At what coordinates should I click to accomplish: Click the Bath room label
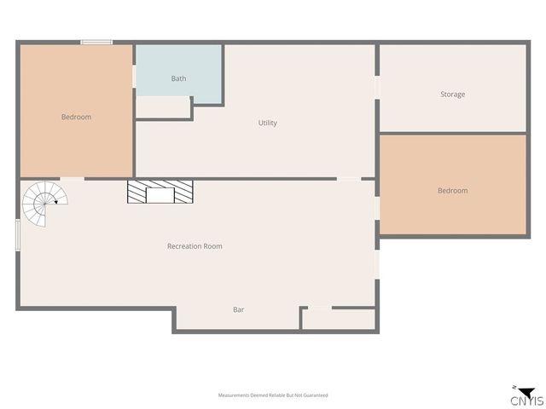point(178,78)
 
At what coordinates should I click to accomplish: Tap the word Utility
point(268,123)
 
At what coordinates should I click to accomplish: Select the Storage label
point(452,94)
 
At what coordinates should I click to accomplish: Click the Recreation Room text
point(195,246)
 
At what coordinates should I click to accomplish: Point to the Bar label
point(239,309)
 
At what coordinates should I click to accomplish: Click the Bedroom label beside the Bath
point(76,117)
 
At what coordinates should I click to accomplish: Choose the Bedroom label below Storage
point(452,191)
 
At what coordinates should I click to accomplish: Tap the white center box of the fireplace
point(160,194)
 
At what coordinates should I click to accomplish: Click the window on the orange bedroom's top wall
point(96,42)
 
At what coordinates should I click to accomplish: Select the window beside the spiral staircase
point(18,234)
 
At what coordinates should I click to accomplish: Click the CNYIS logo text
point(526,400)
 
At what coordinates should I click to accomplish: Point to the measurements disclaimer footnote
point(273,395)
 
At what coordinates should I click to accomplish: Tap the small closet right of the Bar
point(339,319)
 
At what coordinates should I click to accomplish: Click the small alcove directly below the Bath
point(163,107)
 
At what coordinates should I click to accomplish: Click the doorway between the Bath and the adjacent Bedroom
point(135,76)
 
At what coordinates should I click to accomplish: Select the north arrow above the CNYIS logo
point(516,389)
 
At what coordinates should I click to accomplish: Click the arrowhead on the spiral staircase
point(56,202)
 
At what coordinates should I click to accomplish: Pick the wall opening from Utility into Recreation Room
point(349,179)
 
